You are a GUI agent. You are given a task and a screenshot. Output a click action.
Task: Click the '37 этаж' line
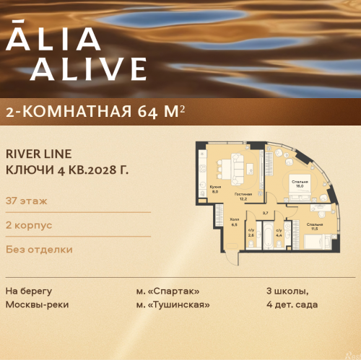tap(23, 200)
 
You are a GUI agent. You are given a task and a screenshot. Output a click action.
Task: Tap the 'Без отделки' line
tap(39, 250)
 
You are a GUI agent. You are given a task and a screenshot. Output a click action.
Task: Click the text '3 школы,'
tap(287, 291)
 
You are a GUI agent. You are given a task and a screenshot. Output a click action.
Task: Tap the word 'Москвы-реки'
tap(37, 305)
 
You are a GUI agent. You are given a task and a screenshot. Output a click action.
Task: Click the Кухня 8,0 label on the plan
tap(214, 188)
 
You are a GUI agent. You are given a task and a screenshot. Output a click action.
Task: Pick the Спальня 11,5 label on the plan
tap(314, 227)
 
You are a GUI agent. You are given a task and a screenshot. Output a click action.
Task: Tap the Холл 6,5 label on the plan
tap(235, 222)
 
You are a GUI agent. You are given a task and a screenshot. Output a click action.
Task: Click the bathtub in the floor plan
tap(267, 235)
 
